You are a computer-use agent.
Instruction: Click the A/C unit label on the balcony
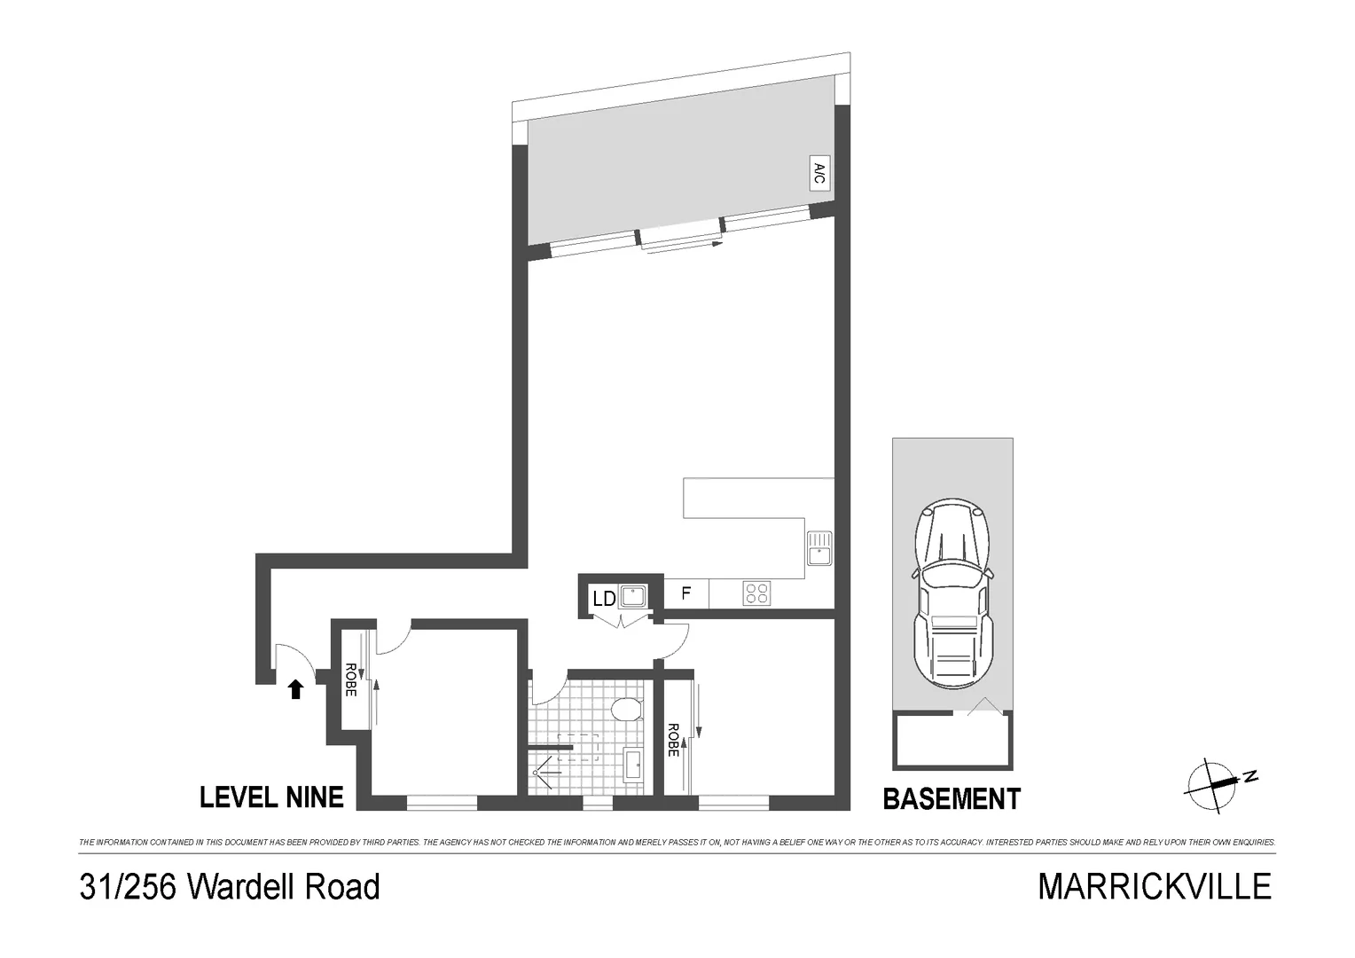pos(819,175)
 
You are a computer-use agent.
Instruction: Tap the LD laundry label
pos(604,599)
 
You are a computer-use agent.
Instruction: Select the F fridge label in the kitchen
pos(685,593)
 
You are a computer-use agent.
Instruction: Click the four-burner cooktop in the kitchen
pos(756,593)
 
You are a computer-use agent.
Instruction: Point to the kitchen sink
pos(819,547)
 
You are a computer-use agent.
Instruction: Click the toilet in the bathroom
pos(627,710)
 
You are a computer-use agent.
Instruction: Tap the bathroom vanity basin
pos(633,765)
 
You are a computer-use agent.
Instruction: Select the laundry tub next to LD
pos(633,595)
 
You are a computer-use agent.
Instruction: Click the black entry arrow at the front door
pos(296,689)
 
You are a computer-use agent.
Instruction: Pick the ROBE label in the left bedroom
pos(350,679)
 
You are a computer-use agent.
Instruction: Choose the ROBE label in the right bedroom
pos(673,740)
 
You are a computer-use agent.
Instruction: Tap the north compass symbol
pos(1216,783)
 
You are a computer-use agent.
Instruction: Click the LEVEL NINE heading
pos(271,797)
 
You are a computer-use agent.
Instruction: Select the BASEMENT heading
pos(952,799)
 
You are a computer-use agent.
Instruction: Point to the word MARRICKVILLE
pos(1155,887)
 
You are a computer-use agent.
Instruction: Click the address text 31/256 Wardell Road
pos(230,887)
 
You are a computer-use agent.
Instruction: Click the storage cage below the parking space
pos(952,741)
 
